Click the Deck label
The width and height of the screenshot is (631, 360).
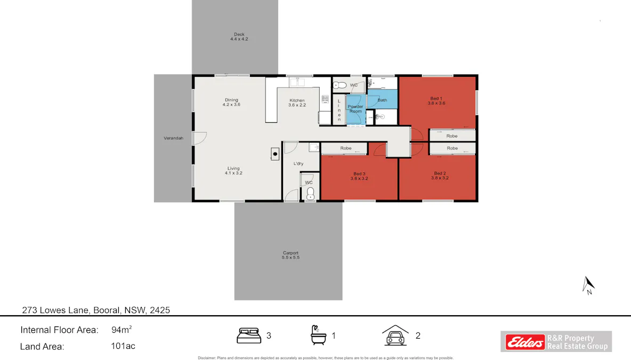[x=239, y=37]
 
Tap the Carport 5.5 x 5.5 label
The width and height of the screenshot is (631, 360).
[x=290, y=255]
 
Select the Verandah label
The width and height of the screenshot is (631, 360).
[x=173, y=138]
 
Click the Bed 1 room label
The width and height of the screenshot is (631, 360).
[x=436, y=101]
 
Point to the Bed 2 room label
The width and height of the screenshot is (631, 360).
[x=440, y=175]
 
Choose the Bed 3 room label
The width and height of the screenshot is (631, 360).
[x=359, y=175]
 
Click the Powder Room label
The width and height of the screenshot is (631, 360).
[x=355, y=109]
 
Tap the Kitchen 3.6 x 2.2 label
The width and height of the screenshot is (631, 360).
[x=297, y=102]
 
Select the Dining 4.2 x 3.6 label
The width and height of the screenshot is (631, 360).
[x=231, y=102]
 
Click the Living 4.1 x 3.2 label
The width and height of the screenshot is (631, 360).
[x=233, y=170]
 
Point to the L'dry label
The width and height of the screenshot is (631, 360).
[x=298, y=164]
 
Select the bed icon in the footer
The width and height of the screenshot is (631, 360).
[x=248, y=335]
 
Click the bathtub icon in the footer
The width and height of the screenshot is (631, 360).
[x=318, y=335]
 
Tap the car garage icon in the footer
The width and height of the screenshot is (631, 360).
[x=395, y=335]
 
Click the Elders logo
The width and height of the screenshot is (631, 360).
[x=523, y=341]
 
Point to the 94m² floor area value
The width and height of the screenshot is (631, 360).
[x=122, y=330]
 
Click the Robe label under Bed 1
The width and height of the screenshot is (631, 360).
[x=452, y=136]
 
